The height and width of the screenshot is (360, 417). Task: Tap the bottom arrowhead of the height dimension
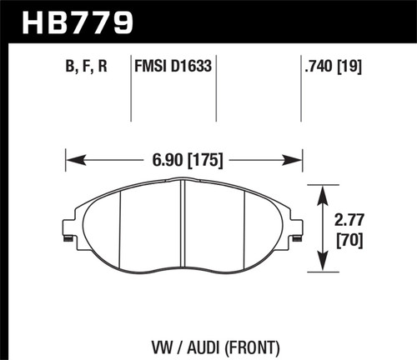[323, 268]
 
